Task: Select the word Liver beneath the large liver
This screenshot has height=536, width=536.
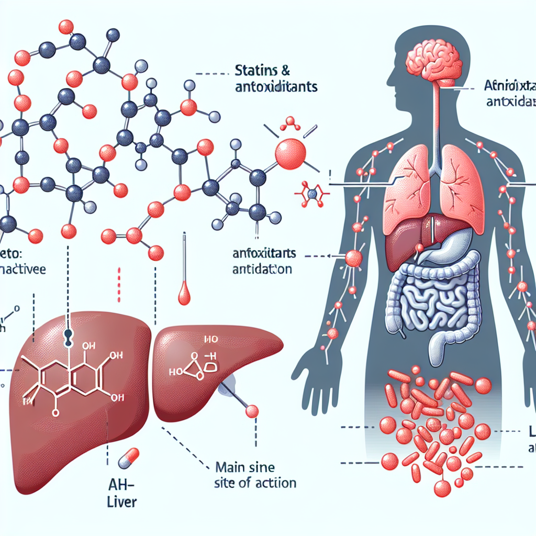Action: coord(118,503)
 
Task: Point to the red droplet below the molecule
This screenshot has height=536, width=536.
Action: coord(184,296)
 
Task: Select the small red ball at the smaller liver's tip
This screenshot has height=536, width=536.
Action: coord(252,411)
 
